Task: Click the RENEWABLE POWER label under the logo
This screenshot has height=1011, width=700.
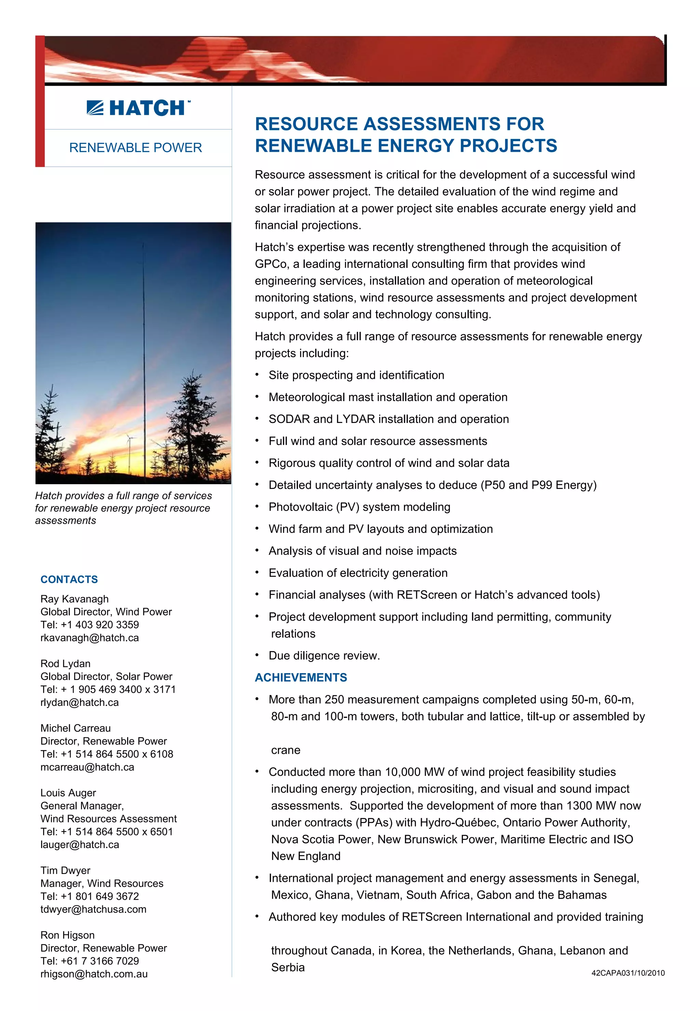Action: (136, 148)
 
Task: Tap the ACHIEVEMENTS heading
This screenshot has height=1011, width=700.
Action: (301, 678)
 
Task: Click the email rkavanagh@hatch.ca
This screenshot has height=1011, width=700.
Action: (90, 638)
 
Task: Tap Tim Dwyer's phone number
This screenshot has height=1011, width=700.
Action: (90, 896)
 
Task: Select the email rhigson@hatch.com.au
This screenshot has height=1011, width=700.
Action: (94, 974)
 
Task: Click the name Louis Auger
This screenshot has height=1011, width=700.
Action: (68, 793)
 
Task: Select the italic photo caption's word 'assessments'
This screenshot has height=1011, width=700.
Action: (66, 520)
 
